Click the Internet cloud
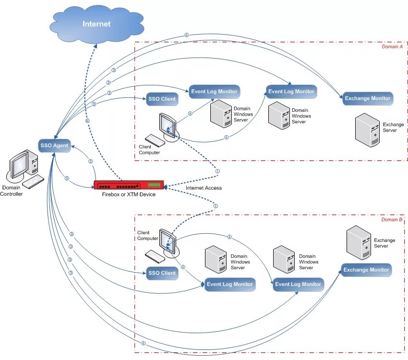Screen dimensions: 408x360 point(96,24)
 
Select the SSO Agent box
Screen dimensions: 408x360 point(54,145)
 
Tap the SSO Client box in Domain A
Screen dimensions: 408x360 point(162,99)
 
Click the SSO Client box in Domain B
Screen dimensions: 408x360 point(162,273)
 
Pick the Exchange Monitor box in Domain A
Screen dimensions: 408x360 point(367,98)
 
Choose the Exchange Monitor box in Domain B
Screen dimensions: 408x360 point(366,270)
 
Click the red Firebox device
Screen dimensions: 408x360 point(129,185)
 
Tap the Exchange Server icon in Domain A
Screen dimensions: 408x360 point(367,130)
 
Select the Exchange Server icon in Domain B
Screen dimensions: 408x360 point(359,242)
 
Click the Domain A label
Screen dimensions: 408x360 point(392,47)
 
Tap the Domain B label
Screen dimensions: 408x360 point(392,220)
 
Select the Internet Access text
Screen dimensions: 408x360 point(204,188)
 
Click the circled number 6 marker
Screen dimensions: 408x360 point(87,120)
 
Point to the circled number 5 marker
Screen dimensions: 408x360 point(67,178)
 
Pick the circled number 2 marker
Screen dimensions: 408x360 point(91,161)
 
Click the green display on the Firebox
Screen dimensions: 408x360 point(154,185)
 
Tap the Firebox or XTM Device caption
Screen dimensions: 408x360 point(129,194)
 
